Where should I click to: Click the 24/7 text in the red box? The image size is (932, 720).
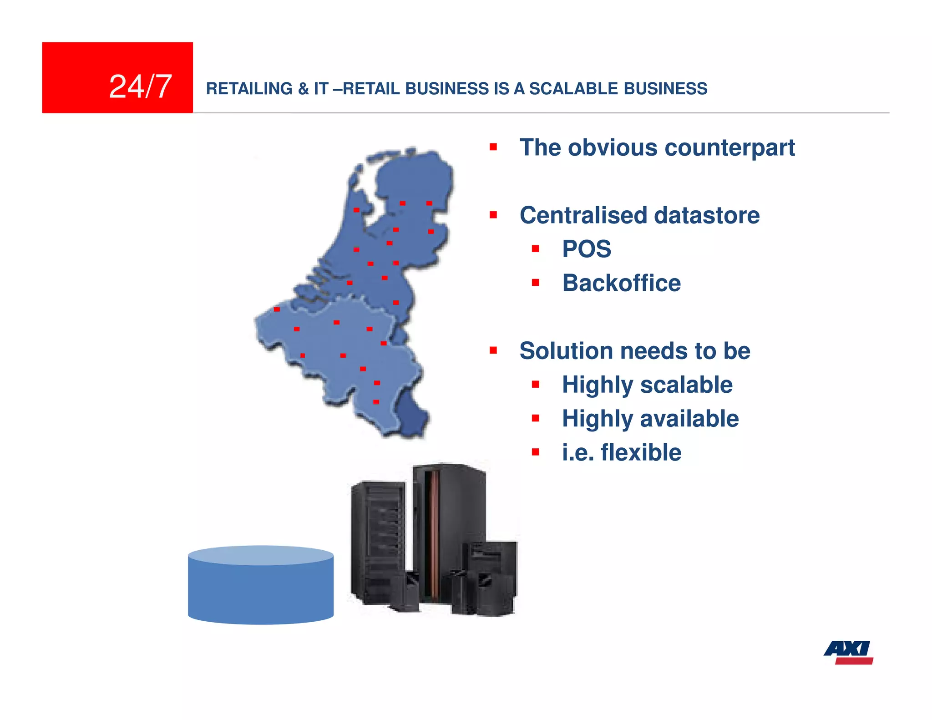(140, 86)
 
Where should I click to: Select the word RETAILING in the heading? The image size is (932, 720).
(249, 89)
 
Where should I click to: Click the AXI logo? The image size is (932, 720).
(849, 652)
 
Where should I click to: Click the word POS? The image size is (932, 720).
(586, 249)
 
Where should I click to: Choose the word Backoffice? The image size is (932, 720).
(621, 283)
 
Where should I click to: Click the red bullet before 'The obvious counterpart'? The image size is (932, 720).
(493, 147)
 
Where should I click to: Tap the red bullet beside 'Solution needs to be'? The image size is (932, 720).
(493, 350)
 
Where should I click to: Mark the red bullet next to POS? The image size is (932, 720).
(536, 249)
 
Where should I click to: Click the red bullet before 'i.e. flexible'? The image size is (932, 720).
(536, 452)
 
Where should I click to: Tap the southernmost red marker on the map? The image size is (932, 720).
(376, 402)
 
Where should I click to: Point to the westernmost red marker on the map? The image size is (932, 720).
(277, 309)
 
